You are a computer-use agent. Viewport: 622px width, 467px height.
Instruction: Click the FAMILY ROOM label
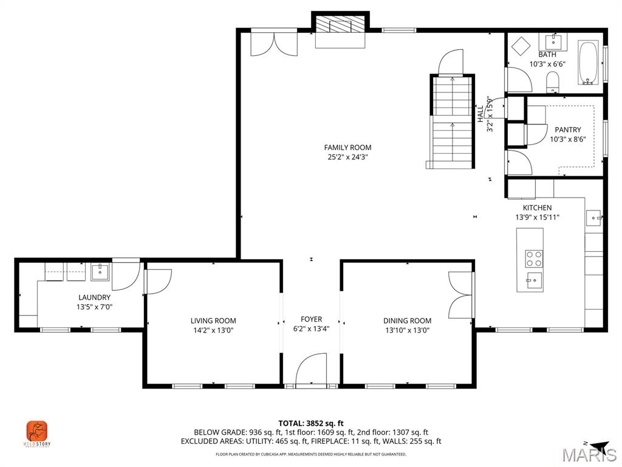(347, 147)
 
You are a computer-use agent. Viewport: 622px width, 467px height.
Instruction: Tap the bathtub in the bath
(587, 63)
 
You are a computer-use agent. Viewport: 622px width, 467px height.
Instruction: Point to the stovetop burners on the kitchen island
(534, 258)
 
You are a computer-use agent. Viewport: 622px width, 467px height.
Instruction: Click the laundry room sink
(100, 271)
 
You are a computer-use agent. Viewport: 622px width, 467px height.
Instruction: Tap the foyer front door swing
(310, 372)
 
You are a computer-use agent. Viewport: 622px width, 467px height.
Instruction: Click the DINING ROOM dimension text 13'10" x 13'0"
(407, 330)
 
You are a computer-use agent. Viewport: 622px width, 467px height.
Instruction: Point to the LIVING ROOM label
(213, 320)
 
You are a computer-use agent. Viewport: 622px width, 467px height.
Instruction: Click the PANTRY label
(567, 130)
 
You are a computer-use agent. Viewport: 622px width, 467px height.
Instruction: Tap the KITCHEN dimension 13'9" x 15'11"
(537, 217)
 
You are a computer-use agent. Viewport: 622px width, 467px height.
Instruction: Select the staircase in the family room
(452, 122)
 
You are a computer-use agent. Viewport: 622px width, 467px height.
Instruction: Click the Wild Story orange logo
(37, 432)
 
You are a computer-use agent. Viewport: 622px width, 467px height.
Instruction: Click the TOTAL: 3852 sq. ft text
(311, 423)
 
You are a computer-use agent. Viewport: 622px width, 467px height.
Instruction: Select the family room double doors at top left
(274, 44)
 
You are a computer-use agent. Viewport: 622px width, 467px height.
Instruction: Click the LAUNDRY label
(94, 297)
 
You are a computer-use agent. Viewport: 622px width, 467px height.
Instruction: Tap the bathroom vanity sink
(553, 42)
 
